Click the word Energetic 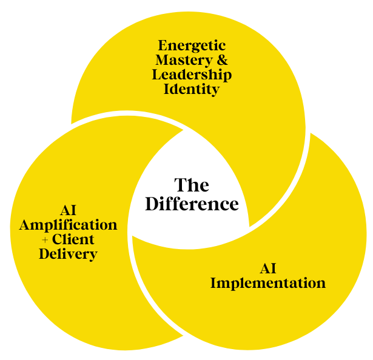(x=192, y=45)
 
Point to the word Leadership (x=192, y=75)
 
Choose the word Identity (x=192, y=89)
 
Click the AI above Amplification (x=68, y=210)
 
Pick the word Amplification (x=68, y=225)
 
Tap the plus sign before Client (x=45, y=240)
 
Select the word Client (x=73, y=239)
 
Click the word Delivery (x=68, y=254)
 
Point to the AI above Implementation (x=267, y=268)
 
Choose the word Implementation (x=267, y=283)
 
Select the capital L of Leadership (x=156, y=75)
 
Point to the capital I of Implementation (x=213, y=283)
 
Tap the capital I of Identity (x=167, y=89)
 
